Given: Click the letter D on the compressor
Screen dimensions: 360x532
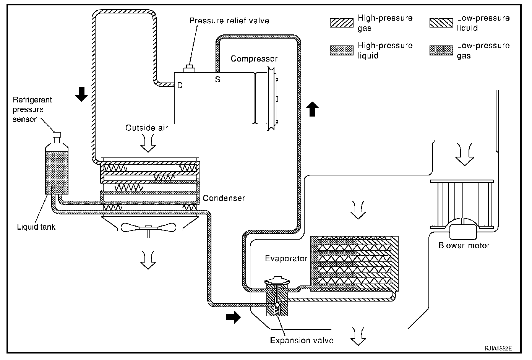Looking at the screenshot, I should (x=180, y=86).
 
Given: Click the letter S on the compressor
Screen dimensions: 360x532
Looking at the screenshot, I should (x=217, y=80).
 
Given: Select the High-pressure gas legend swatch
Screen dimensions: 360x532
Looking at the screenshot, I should (x=341, y=23).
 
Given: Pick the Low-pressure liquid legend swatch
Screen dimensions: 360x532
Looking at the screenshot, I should (x=441, y=23).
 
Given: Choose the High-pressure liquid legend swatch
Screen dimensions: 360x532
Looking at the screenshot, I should (x=341, y=50).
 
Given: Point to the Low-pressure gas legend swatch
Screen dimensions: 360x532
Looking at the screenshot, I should (x=441, y=50).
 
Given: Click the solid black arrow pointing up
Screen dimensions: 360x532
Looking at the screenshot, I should (x=313, y=109).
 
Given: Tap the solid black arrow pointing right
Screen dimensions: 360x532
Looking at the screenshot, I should (x=233, y=317).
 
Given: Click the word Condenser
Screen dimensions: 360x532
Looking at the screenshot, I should (x=224, y=198).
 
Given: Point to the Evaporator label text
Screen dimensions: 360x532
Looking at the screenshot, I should (x=286, y=259).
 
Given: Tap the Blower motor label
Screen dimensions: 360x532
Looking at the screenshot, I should (x=464, y=246).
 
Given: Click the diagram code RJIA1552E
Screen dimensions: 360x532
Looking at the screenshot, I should (x=498, y=349).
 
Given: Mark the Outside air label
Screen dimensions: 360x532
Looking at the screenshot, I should (x=147, y=128).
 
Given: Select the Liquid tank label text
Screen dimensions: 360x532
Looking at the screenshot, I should (x=36, y=227).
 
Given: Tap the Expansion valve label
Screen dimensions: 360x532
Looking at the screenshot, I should (x=302, y=341).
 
